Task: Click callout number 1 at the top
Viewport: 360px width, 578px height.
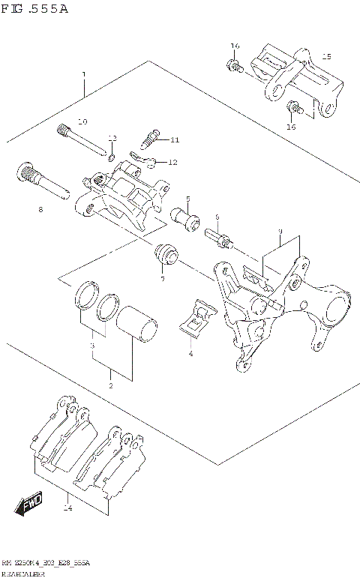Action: coord(84,75)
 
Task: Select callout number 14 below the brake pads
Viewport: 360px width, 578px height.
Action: coord(68,508)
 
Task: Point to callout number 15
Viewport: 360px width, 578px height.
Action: coord(325,56)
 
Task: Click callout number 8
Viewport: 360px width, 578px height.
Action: coord(41,209)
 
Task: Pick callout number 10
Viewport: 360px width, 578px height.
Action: coord(82,121)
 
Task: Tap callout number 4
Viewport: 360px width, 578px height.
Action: coord(190,353)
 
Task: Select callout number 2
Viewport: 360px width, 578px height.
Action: coord(110,385)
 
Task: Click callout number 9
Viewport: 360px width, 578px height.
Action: coord(279,232)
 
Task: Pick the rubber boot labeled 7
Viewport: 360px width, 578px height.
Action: coord(165,257)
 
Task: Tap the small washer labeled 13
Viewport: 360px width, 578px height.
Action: coord(111,157)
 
